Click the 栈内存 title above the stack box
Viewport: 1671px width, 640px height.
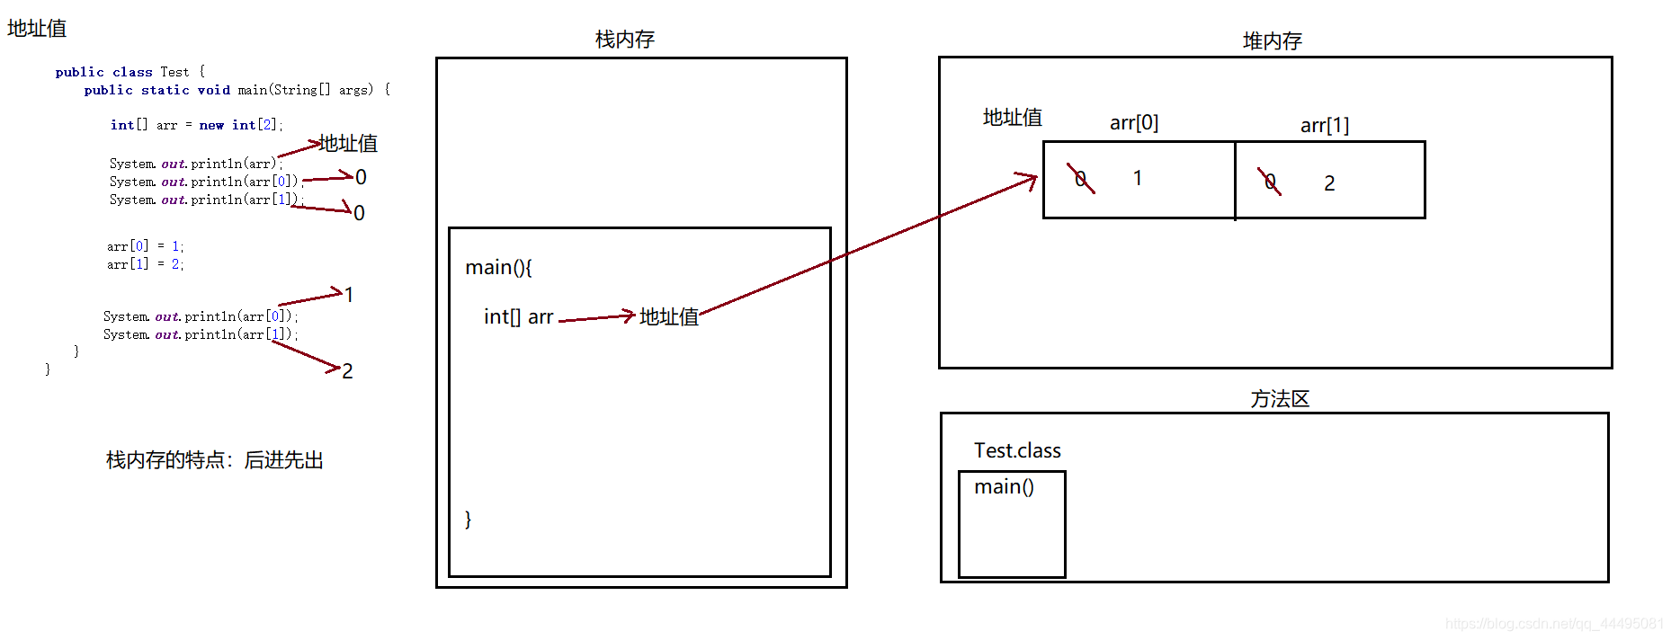pyautogui.click(x=624, y=40)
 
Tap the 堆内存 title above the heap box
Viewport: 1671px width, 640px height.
pyautogui.click(x=1272, y=41)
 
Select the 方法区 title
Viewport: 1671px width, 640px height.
pyautogui.click(x=1279, y=399)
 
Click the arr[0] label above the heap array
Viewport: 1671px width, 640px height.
pyautogui.click(x=1133, y=123)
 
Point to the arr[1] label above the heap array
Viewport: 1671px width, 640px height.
pyautogui.click(x=1324, y=126)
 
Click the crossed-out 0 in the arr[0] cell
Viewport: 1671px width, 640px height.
pyautogui.click(x=1081, y=179)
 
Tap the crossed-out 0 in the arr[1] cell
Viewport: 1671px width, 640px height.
pyautogui.click(x=1270, y=182)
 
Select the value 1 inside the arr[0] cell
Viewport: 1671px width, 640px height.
pyautogui.click(x=1138, y=179)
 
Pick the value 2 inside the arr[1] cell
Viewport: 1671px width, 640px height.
pyautogui.click(x=1329, y=183)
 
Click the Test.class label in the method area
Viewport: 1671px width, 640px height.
pyautogui.click(x=1017, y=451)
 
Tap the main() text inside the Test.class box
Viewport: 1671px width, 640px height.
pyautogui.click(x=1004, y=487)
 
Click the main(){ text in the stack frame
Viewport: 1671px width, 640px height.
pyautogui.click(x=498, y=268)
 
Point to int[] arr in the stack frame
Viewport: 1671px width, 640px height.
pyautogui.click(x=518, y=317)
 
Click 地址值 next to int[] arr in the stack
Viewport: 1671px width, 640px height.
pyautogui.click(x=668, y=317)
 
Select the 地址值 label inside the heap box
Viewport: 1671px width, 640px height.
pyautogui.click(x=1012, y=118)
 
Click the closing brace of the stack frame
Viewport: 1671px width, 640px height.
pyautogui.click(x=468, y=520)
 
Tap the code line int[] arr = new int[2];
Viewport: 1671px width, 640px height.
pyautogui.click(x=196, y=125)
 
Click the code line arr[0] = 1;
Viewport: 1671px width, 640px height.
pyautogui.click(x=145, y=246)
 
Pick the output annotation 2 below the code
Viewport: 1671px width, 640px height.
pyautogui.click(x=347, y=371)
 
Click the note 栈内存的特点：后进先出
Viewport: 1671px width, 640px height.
pyautogui.click(x=214, y=460)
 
